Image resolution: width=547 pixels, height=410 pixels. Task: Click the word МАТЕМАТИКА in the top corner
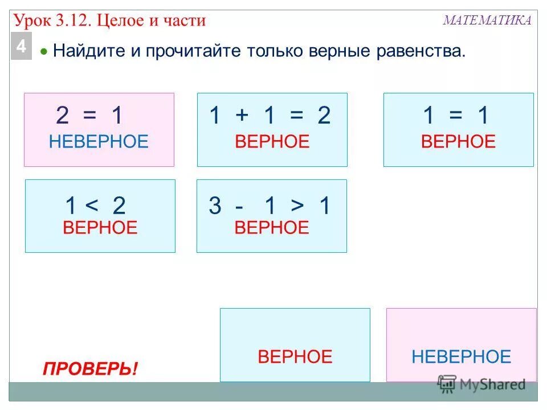point(487,20)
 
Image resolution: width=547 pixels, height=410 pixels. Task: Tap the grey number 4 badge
point(21,47)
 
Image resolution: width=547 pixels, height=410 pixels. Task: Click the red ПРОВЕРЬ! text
point(90,369)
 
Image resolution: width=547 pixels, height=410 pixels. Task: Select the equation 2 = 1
point(89,116)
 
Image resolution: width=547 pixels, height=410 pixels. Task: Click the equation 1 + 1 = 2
point(270,116)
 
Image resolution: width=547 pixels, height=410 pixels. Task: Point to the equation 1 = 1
point(456,116)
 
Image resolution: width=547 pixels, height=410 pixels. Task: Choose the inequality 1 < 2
point(95,206)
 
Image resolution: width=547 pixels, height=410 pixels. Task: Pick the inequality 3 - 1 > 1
point(270,206)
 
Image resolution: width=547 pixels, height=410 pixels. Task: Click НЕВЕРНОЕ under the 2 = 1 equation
point(99,141)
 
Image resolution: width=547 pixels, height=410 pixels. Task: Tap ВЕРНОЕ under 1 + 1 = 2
point(272,141)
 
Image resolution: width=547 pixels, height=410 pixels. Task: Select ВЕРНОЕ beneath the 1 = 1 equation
point(458,141)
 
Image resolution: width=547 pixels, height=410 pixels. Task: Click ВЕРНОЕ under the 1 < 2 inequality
point(100,228)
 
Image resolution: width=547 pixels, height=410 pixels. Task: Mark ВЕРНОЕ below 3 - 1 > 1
point(271,228)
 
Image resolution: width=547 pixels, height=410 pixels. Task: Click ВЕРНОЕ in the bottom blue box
point(295,357)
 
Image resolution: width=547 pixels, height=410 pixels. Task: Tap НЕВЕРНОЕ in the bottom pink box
point(462,357)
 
